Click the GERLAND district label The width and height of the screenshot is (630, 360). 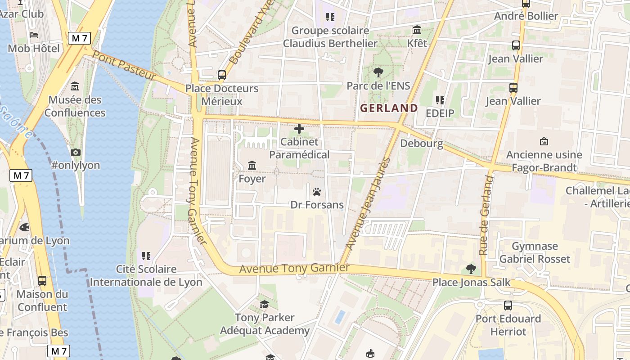(389, 108)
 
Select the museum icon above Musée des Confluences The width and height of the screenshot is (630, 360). (75, 86)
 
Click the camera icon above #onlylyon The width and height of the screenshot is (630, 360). (76, 152)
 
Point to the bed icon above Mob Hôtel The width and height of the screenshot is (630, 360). (34, 35)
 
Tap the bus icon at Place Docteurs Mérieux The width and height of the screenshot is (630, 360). (222, 75)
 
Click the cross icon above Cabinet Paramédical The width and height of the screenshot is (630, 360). (299, 129)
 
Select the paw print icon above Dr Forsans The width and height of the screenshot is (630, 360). (317, 192)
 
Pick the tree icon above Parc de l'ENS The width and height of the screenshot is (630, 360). (378, 72)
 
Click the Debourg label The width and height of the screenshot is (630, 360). (422, 144)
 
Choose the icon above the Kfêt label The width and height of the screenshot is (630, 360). (417, 30)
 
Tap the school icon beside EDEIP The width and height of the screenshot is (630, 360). (440, 100)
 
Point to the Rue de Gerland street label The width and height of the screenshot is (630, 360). (484, 216)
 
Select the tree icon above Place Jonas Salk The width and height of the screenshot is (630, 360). (471, 269)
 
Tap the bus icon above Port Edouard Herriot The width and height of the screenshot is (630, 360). (508, 305)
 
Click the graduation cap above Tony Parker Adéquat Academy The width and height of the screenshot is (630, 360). (265, 304)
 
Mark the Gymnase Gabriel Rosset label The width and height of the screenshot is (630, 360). (535, 252)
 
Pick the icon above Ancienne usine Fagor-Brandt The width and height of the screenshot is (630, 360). (544, 141)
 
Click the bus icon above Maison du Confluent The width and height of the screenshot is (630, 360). (42, 281)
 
